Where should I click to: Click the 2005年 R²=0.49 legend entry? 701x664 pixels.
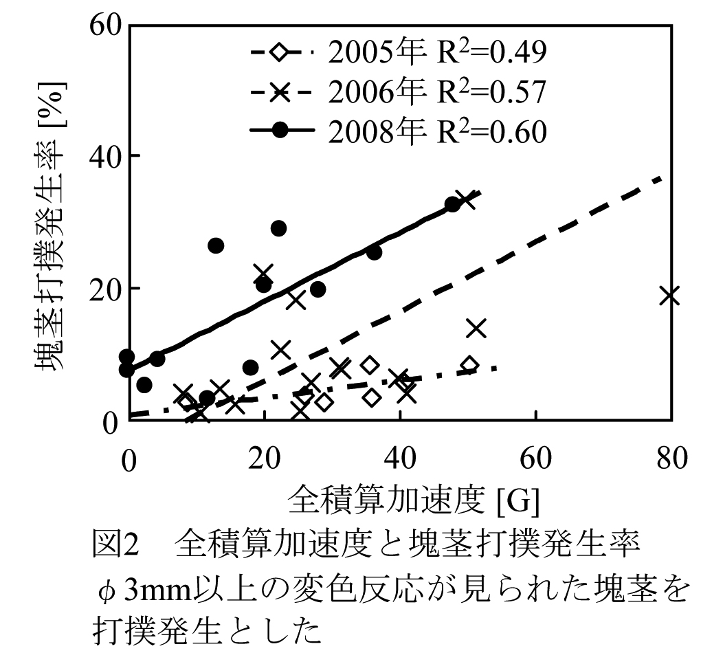click(x=399, y=52)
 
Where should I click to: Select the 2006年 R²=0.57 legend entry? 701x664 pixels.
click(x=399, y=91)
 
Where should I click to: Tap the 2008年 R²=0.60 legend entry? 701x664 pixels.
click(x=399, y=131)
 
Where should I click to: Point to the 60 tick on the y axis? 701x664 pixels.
click(x=106, y=26)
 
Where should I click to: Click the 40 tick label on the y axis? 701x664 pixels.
click(x=106, y=156)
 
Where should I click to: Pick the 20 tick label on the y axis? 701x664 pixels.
click(x=106, y=289)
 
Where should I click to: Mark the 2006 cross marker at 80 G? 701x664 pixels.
click(x=669, y=296)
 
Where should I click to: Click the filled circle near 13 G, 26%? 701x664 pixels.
click(x=216, y=245)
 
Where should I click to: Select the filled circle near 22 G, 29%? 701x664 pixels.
click(x=278, y=228)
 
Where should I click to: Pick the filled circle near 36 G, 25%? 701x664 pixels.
click(x=374, y=252)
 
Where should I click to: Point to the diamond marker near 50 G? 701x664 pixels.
click(x=469, y=365)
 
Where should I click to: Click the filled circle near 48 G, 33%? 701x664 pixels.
click(x=452, y=204)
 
